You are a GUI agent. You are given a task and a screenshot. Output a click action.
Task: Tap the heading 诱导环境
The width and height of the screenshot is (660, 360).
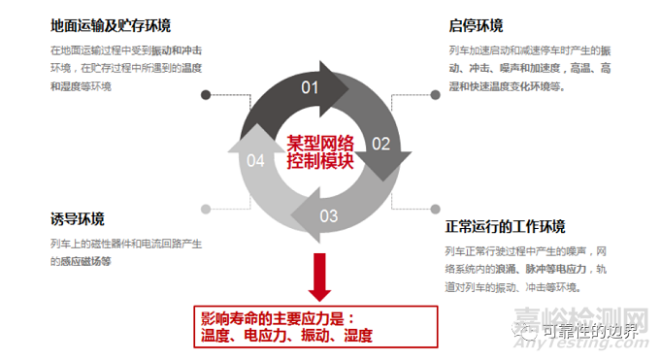(x=78, y=218)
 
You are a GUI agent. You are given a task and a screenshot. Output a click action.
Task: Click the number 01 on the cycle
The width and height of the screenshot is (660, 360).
(x=310, y=88)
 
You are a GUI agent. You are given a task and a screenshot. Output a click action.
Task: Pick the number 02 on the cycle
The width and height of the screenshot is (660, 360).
(x=380, y=144)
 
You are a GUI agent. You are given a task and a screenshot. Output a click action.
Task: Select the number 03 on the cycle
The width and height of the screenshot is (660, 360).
(x=329, y=214)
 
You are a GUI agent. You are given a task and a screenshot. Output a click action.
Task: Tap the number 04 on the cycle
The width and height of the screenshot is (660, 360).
(x=255, y=160)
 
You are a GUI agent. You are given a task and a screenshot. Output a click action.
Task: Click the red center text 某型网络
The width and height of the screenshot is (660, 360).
(x=319, y=143)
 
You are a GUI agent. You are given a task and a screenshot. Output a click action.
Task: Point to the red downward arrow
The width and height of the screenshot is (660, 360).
(x=316, y=276)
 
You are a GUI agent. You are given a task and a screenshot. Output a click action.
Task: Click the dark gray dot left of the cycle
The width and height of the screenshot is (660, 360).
(x=205, y=95)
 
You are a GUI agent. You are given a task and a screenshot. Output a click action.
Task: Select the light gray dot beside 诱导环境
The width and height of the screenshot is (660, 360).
(x=205, y=208)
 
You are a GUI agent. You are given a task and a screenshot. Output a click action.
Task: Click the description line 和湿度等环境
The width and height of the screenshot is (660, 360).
(x=81, y=86)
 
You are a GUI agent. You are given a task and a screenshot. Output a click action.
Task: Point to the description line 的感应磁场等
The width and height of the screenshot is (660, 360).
(x=81, y=261)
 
